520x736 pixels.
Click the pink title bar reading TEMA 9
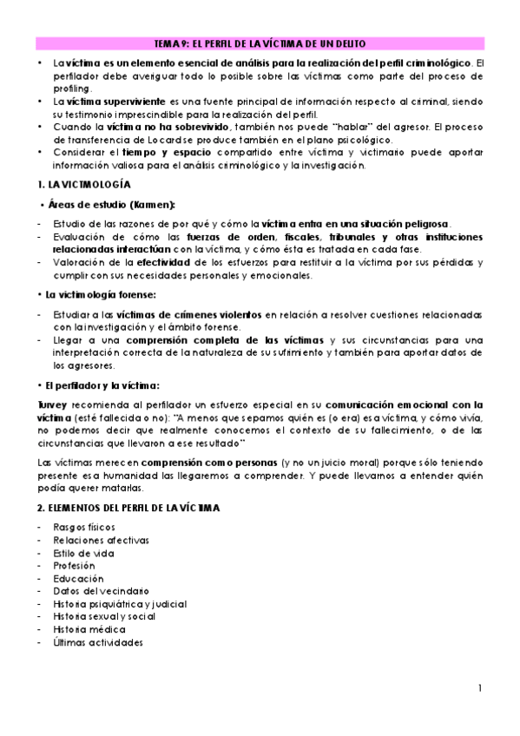tap(260, 43)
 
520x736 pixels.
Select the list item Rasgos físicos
tap(83, 528)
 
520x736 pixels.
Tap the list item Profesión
tap(75, 565)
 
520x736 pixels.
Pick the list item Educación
tap(78, 578)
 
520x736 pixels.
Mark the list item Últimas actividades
tap(97, 642)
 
